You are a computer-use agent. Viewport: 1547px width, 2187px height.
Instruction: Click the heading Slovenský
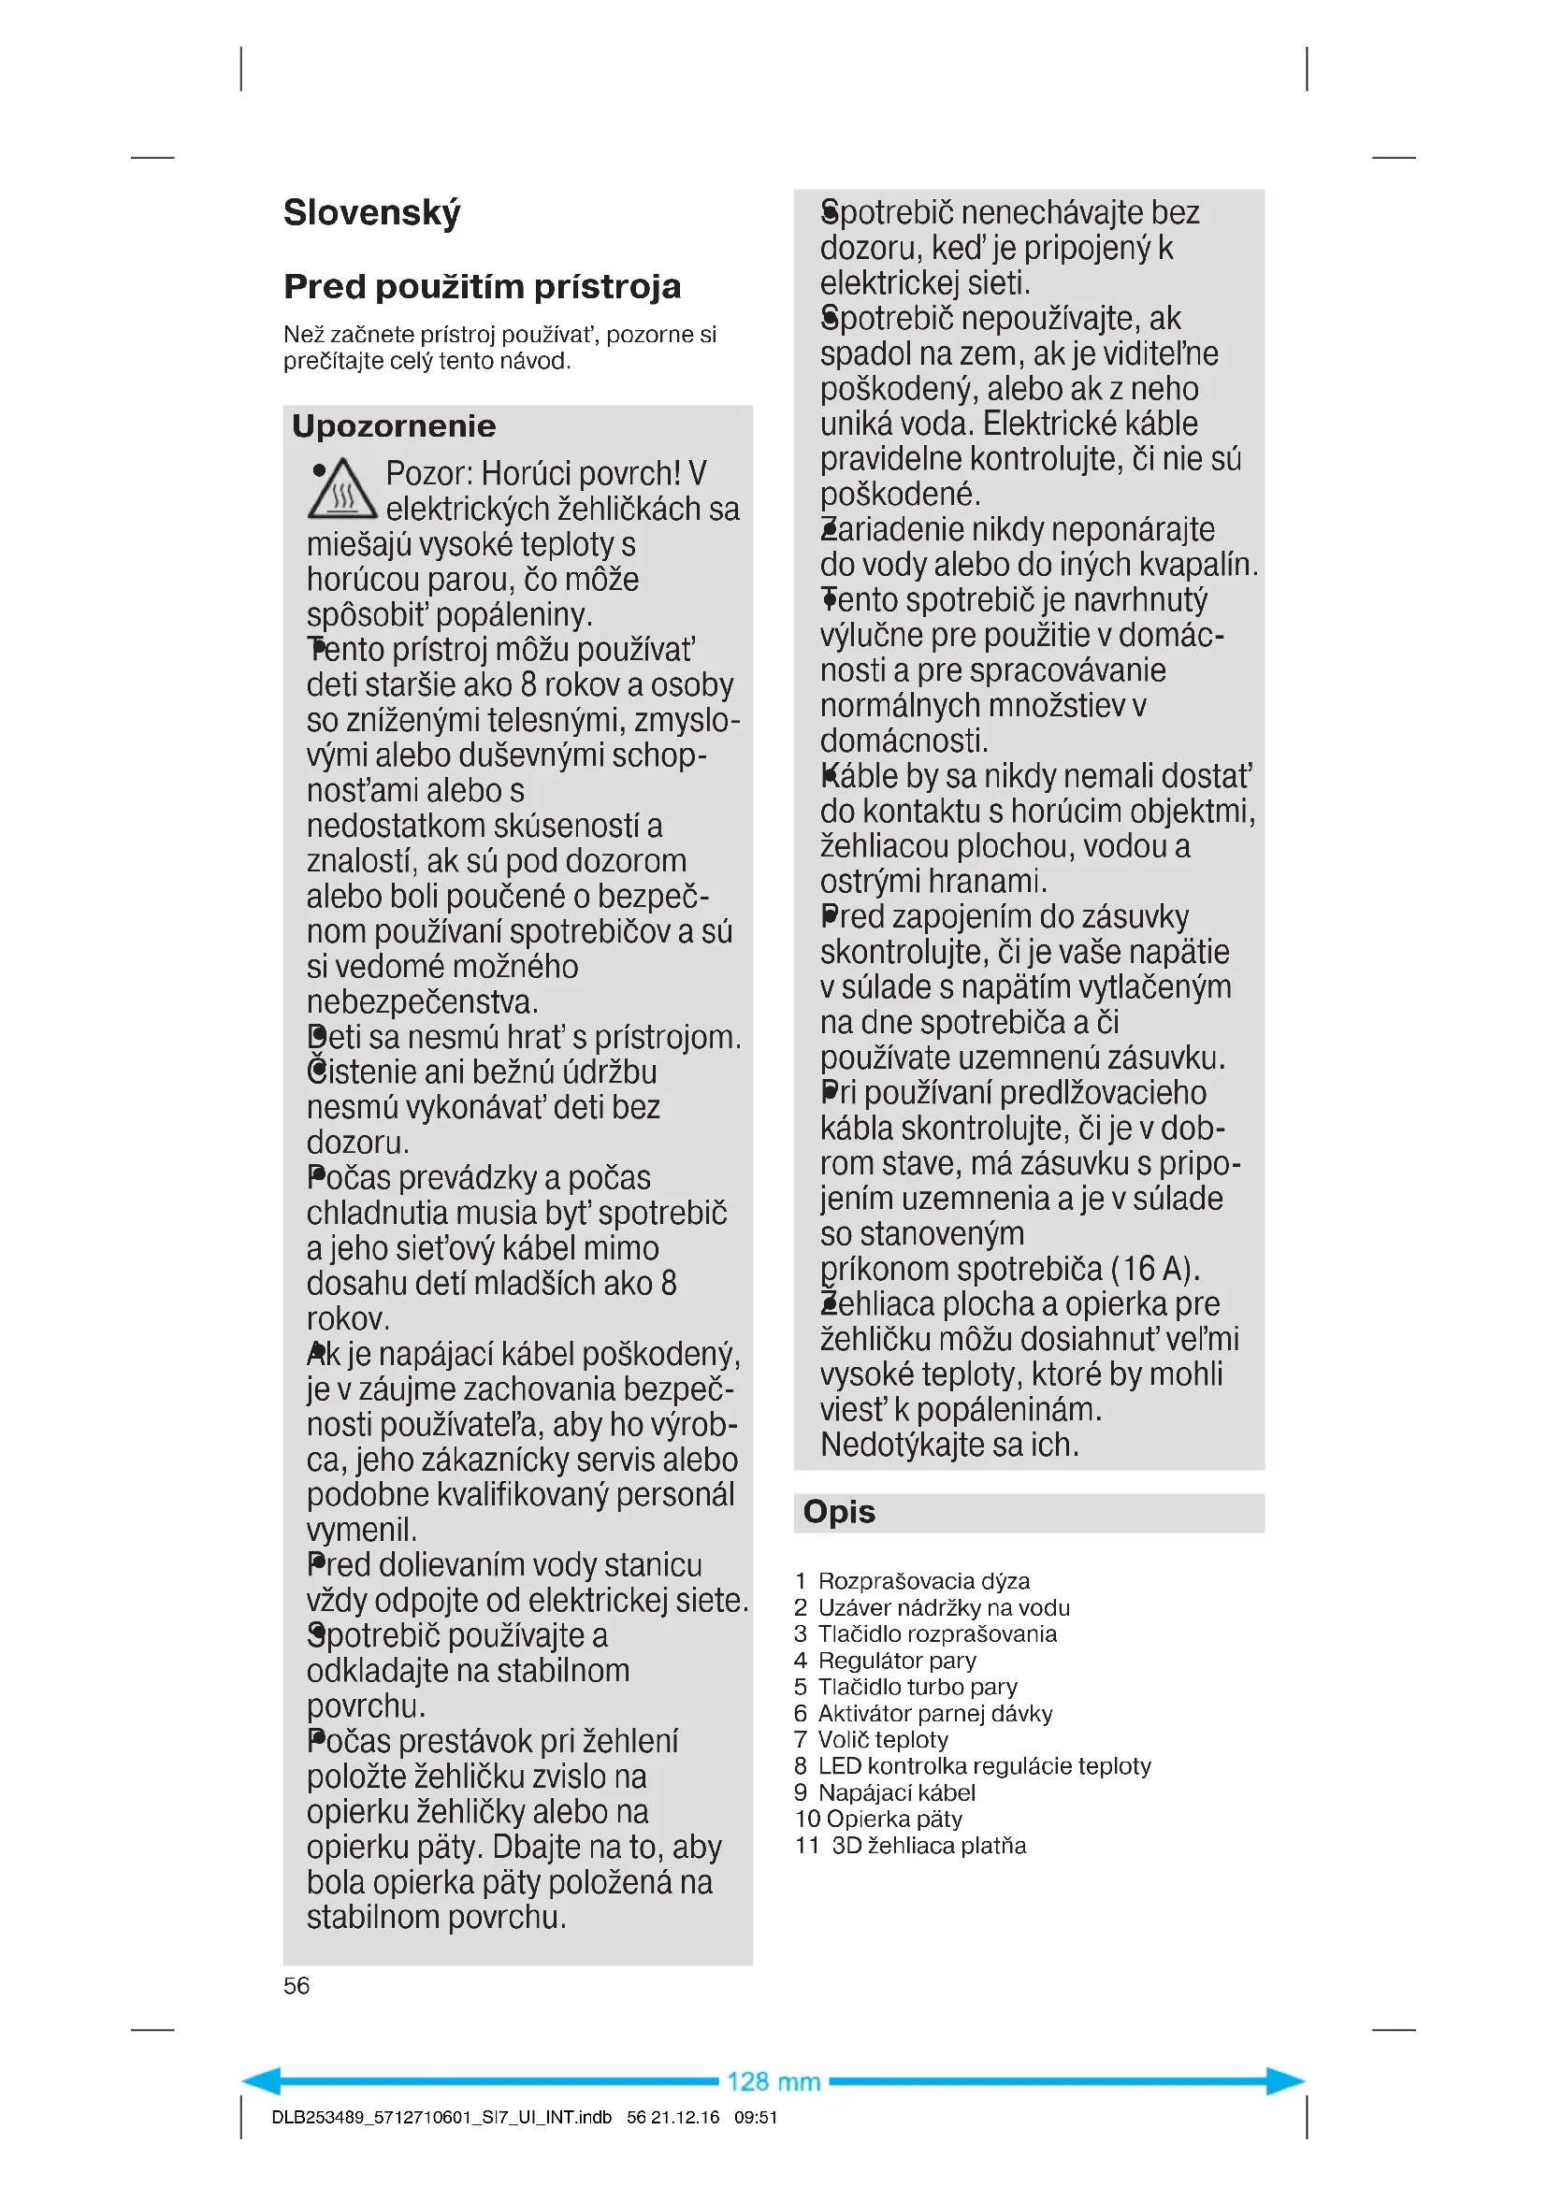click(371, 213)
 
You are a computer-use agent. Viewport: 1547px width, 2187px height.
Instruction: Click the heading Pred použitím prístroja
click(482, 287)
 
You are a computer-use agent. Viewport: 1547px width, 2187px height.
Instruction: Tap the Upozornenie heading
click(394, 425)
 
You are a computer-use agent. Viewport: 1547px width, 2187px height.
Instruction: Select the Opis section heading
click(838, 1512)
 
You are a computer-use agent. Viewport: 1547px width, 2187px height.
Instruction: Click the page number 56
click(296, 1985)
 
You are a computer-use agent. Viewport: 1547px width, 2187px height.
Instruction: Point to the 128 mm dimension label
click(773, 2081)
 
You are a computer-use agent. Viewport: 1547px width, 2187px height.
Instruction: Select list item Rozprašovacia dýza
click(923, 1581)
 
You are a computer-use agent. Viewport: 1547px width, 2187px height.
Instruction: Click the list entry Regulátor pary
click(896, 1661)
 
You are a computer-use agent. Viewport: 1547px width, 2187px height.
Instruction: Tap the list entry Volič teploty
click(882, 1739)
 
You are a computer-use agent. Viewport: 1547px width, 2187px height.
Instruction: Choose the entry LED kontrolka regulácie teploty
click(984, 1766)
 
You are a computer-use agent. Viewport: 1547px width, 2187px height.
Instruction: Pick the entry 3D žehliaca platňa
click(929, 1845)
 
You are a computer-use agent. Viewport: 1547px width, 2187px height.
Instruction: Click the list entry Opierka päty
click(893, 1819)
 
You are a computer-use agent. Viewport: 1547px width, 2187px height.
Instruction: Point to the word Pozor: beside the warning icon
click(428, 473)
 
